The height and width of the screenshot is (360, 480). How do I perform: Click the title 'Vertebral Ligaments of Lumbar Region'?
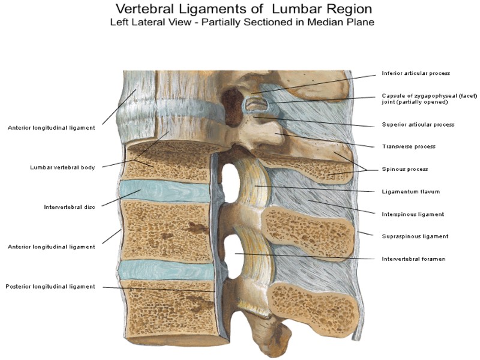pyautogui.click(x=243, y=10)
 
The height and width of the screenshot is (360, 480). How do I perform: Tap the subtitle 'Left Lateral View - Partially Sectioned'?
pyautogui.click(x=242, y=23)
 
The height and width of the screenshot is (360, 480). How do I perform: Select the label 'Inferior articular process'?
pyautogui.click(x=416, y=73)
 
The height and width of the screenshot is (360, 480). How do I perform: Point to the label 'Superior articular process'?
pyautogui.click(x=418, y=125)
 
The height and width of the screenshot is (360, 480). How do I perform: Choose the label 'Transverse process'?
pyautogui.click(x=409, y=146)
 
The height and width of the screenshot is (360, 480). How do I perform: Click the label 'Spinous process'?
pyautogui.click(x=404, y=169)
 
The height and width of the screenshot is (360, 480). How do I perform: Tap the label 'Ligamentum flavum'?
pyautogui.click(x=411, y=192)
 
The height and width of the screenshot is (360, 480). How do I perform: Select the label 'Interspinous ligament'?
pyautogui.click(x=413, y=214)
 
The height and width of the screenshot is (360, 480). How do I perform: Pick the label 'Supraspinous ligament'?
pyautogui.click(x=415, y=236)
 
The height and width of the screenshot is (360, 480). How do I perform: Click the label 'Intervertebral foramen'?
pyautogui.click(x=413, y=259)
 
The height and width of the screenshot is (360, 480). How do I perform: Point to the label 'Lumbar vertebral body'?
pyautogui.click(x=62, y=167)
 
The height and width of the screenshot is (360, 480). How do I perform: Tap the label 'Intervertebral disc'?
pyautogui.click(x=70, y=208)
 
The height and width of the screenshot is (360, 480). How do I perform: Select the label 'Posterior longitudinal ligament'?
pyautogui.click(x=50, y=287)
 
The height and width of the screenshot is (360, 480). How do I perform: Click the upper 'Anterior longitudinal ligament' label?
pyautogui.click(x=51, y=127)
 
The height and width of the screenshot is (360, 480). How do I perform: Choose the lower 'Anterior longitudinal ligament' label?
pyautogui.click(x=51, y=247)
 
